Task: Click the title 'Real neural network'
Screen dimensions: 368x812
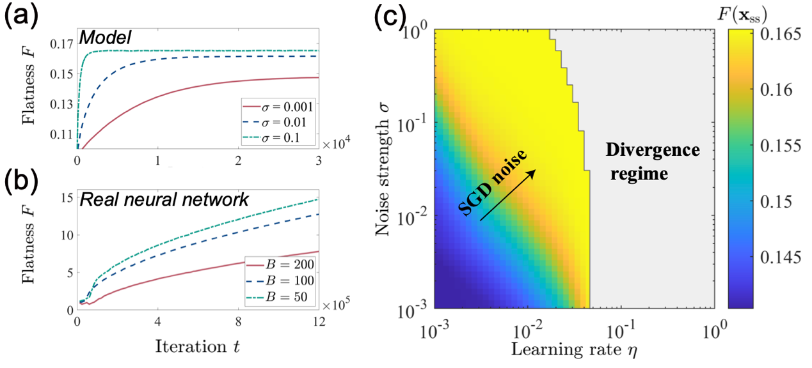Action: click(163, 199)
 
